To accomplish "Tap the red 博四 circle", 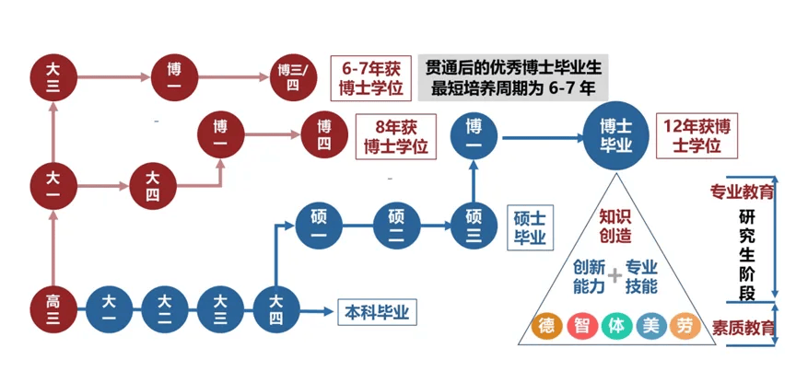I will point(323,135).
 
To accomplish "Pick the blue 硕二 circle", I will point(395,225).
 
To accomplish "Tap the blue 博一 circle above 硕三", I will point(474,134).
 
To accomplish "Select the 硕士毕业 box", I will point(529,226).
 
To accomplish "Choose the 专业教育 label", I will point(742,192).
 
